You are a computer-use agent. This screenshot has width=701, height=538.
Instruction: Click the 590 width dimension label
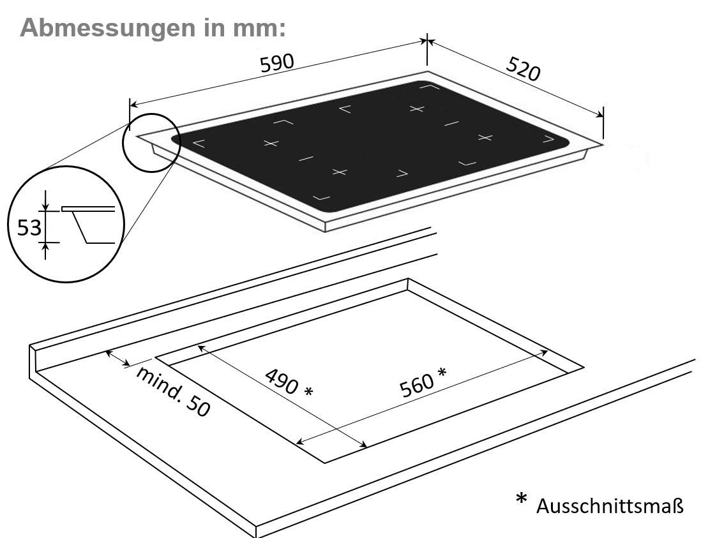(x=277, y=63)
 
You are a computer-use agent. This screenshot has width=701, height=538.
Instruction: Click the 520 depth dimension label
(x=523, y=70)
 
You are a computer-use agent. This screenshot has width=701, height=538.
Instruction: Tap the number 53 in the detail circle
(x=29, y=228)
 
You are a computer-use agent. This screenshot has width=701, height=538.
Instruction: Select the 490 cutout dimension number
(x=281, y=381)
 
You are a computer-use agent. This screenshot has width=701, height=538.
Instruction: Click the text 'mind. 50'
(x=172, y=391)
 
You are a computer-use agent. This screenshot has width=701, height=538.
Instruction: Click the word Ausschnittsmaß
(x=610, y=506)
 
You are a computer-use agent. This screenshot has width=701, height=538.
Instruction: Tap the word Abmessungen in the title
(x=108, y=27)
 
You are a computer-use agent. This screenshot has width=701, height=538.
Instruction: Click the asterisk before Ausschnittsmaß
(x=521, y=498)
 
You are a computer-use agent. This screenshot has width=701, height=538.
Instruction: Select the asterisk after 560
(x=442, y=372)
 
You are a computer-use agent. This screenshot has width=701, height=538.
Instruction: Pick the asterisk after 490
(x=308, y=392)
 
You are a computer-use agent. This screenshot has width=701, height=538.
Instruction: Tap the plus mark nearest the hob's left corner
(x=271, y=144)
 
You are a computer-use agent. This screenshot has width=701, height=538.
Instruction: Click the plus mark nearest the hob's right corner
(x=485, y=137)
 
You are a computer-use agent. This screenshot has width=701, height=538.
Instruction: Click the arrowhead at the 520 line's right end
(x=599, y=114)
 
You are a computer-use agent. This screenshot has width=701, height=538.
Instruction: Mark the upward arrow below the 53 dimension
(x=45, y=251)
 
